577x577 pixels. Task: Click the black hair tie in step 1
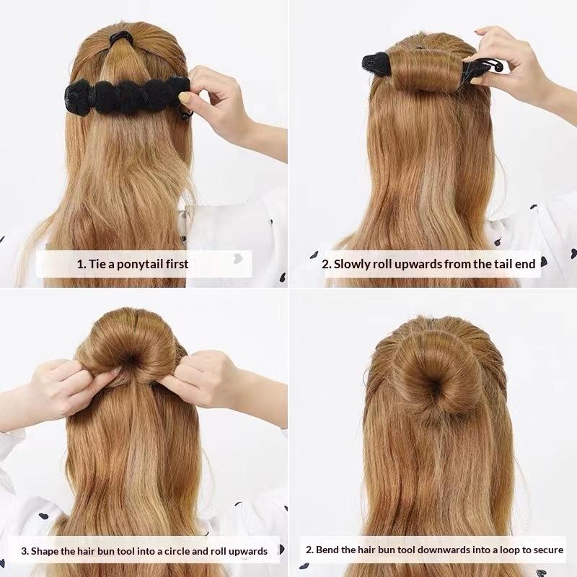(121, 38)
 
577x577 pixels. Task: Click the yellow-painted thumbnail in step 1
(184, 97)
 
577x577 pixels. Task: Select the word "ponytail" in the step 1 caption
(136, 264)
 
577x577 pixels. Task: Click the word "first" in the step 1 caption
(177, 264)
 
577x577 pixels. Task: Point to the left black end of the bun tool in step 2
(375, 63)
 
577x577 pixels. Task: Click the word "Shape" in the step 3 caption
(45, 552)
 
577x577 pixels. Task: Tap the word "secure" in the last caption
(549, 550)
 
